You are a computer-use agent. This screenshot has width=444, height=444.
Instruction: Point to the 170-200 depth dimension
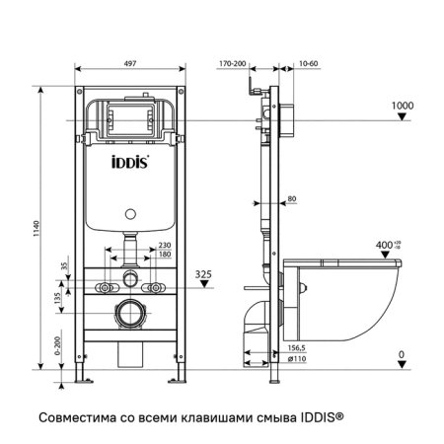tap(233, 60)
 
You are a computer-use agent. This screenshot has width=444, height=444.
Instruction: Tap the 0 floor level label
tap(400, 352)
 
